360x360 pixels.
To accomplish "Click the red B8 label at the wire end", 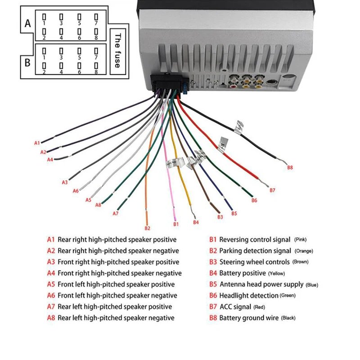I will tap(290, 167).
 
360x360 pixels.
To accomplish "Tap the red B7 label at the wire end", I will tap(272, 190).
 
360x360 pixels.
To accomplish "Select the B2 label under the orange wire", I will tap(147, 228).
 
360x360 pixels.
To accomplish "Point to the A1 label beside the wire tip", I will tap(37, 143).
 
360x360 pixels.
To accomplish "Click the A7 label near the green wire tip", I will tap(116, 213).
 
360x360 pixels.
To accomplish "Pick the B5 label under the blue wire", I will tap(234, 213).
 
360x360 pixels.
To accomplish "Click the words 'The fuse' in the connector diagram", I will tap(118, 50).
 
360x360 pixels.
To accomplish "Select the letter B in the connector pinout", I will tap(27, 63).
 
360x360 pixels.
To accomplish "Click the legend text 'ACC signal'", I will tap(235, 307).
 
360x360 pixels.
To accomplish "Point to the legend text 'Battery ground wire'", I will tap(249, 318).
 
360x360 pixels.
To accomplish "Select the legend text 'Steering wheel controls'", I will tap(255, 262).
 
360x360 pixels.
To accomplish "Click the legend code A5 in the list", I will tap(51, 284).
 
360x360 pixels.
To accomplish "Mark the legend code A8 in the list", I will tap(51, 318).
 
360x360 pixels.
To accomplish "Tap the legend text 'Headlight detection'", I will tap(248, 296).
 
